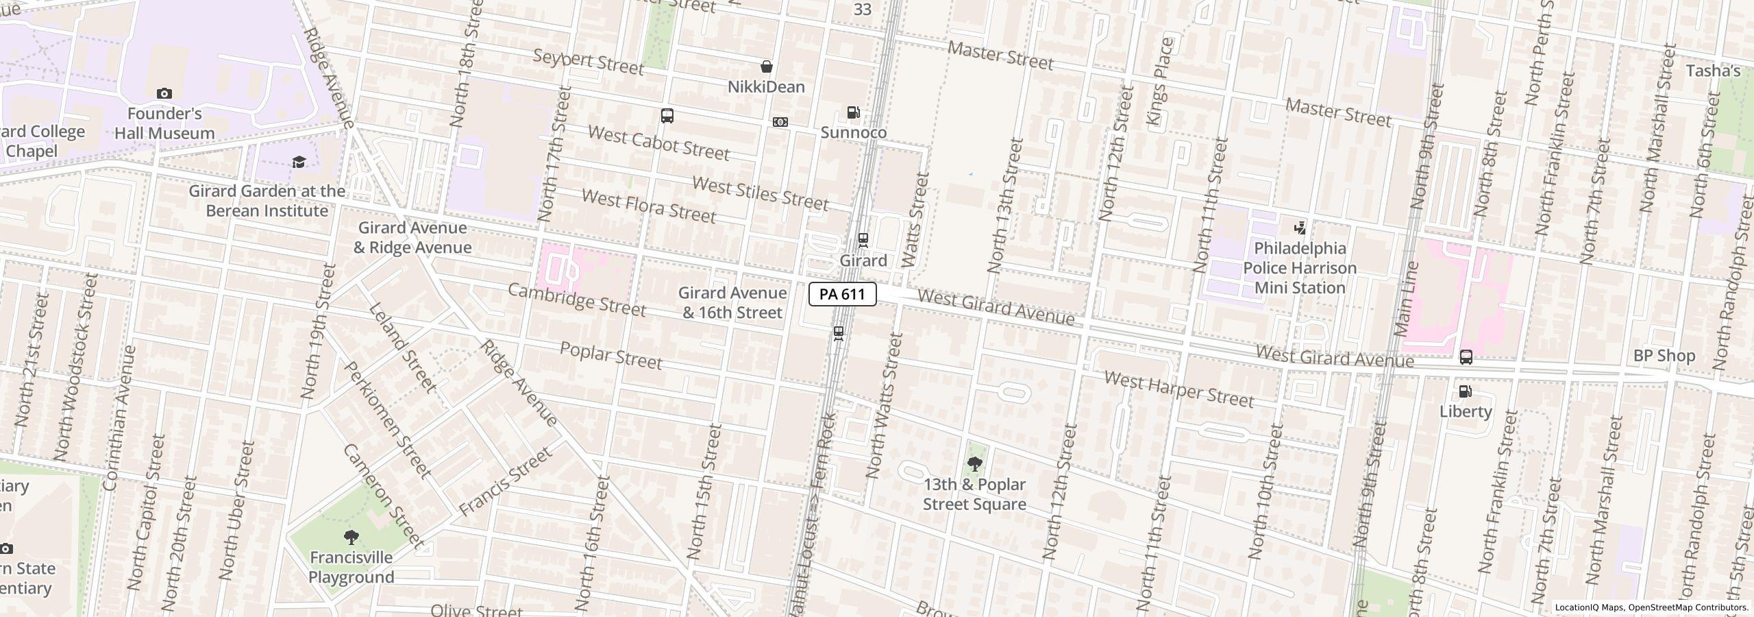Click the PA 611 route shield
point(842,294)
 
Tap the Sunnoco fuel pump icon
point(853,112)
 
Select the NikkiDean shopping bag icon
point(767,66)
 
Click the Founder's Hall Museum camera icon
point(164,93)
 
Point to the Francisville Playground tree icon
point(351,537)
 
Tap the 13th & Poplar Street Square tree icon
point(974,464)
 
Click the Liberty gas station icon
point(1466,391)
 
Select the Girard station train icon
point(863,240)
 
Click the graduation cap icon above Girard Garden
point(299,162)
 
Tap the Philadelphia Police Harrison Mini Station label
point(1300,268)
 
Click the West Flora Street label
point(648,206)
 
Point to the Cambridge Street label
point(576,300)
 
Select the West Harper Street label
point(1178,389)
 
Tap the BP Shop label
point(1664,356)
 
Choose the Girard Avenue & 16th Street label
point(732,302)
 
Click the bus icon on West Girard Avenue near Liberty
point(1466,357)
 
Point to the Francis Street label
point(505,482)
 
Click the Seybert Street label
point(588,62)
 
